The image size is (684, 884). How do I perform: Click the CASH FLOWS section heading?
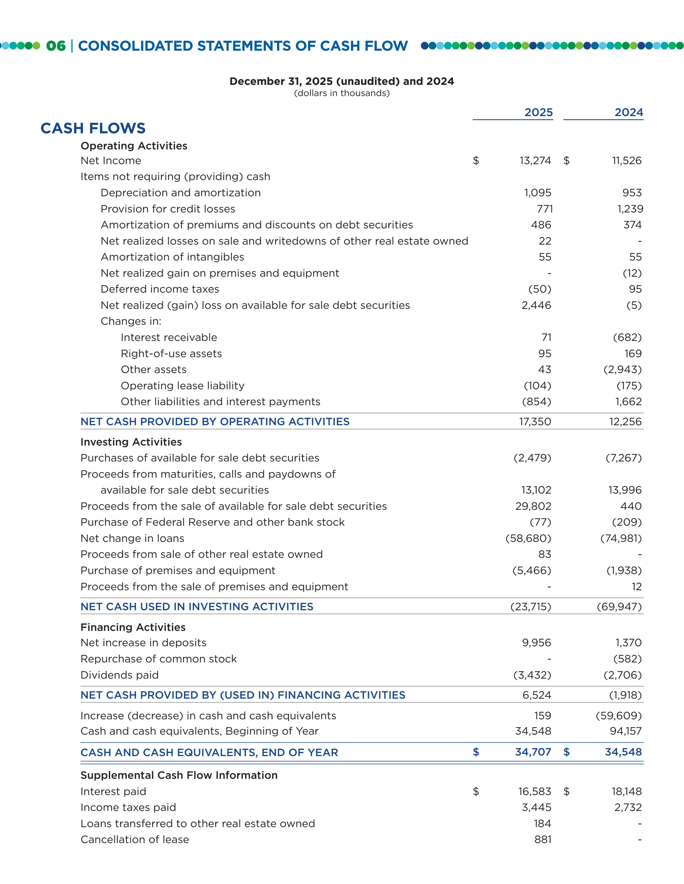93,128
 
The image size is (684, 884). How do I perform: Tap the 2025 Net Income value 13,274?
535,161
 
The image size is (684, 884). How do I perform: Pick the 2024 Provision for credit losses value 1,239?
630,209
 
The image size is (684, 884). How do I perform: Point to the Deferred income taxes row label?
160,289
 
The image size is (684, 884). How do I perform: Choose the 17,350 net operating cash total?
535,422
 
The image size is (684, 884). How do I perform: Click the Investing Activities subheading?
131,442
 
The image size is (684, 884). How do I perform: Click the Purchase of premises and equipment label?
177,571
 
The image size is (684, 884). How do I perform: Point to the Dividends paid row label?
120,675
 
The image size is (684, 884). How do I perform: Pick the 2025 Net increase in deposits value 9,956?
536,643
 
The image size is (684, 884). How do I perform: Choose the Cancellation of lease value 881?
543,840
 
